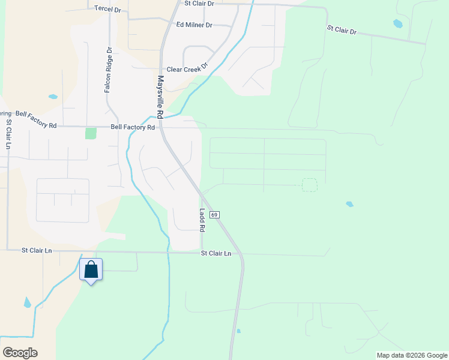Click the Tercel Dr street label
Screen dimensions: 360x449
(107, 9)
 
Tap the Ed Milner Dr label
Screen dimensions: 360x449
(194, 25)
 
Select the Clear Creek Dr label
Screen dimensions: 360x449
(187, 70)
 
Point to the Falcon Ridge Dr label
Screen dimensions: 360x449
(109, 70)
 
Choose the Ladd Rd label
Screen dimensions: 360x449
(202, 220)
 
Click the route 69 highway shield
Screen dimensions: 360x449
(215, 214)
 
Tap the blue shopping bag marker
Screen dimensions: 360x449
(91, 269)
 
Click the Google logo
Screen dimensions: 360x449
(20, 353)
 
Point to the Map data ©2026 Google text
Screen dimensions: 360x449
(411, 355)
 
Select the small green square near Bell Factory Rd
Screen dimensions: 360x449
(91, 133)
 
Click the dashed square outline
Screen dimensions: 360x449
(309, 185)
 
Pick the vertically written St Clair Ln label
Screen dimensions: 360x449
(9, 134)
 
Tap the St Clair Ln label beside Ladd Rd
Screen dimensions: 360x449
(216, 254)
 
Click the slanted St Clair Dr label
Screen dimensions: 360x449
(342, 29)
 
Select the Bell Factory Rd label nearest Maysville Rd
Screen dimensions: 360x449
(133, 127)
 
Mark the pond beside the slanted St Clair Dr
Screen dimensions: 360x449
(397, 24)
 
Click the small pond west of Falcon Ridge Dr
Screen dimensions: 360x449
(53, 97)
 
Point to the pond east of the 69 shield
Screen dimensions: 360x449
(349, 205)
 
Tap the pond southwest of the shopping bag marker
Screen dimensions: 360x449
(27, 303)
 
